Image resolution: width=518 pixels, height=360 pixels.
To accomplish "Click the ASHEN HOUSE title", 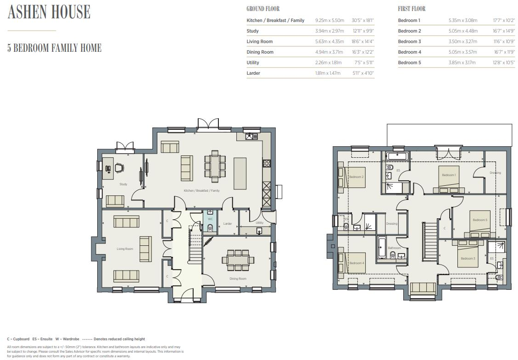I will [49, 12].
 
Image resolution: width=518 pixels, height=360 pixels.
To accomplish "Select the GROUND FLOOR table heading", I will [263, 9].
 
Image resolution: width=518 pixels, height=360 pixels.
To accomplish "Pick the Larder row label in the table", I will [253, 73].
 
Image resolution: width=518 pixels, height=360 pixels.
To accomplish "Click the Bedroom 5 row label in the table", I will [409, 62].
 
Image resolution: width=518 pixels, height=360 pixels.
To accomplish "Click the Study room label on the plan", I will [123, 184].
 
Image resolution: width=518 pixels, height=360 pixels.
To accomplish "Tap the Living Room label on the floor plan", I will [125, 249].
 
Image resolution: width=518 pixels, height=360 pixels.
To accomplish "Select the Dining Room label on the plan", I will [238, 279].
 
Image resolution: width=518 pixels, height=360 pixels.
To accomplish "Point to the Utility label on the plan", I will [260, 223].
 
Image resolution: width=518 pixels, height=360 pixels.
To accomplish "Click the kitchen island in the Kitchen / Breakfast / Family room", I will [240, 173].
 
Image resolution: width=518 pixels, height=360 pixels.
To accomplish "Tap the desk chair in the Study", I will [119, 168].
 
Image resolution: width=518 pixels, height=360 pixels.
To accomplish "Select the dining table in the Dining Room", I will [238, 260].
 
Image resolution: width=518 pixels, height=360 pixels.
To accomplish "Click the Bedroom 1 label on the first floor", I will [448, 175].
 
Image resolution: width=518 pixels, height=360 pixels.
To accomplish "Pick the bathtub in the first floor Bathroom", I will [382, 248].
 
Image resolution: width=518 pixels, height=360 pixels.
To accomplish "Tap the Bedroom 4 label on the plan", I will [356, 263].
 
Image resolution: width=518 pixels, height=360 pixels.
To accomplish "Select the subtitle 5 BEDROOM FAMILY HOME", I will [54, 48].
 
